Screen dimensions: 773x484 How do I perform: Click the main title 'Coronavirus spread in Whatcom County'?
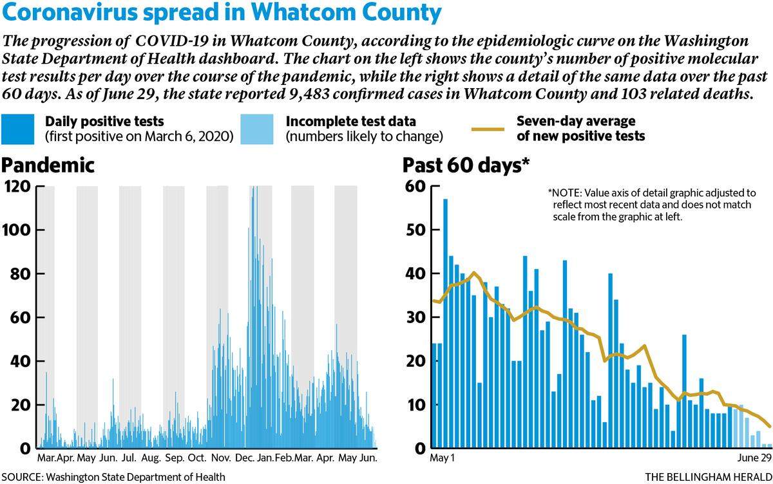(221, 12)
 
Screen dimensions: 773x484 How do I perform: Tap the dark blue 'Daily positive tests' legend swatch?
(17, 129)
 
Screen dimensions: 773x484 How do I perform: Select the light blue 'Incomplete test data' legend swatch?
(257, 129)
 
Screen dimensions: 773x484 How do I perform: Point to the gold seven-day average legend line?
(488, 129)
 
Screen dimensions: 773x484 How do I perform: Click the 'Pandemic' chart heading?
(48, 165)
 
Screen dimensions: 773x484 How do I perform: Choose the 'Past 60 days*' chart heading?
(466, 165)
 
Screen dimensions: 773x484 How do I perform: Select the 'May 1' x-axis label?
(442, 458)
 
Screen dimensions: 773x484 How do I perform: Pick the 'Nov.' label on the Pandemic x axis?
(221, 458)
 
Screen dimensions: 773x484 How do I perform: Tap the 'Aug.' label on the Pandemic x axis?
(151, 458)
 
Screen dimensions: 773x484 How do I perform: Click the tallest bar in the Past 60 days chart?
(445, 323)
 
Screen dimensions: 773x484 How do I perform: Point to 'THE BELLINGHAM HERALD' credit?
(709, 477)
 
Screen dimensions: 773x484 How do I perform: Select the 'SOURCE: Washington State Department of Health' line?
(113, 477)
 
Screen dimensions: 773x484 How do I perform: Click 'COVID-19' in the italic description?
(172, 41)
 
